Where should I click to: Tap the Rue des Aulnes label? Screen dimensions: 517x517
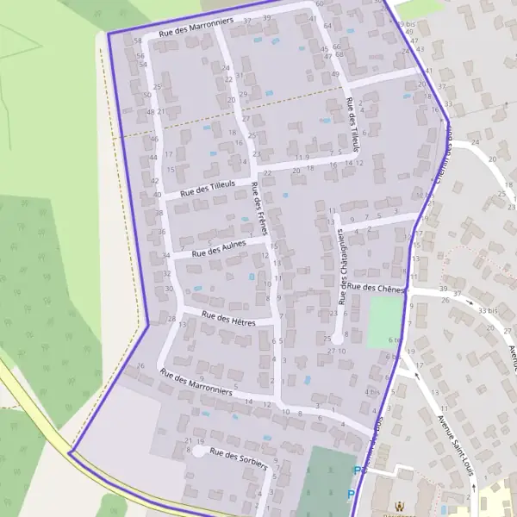coord(219,249)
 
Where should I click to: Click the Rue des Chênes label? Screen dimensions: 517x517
coord(377,288)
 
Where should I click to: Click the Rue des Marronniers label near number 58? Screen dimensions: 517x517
coord(196,27)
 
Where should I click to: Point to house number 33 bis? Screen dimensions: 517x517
coord(487,310)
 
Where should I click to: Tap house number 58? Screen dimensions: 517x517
coord(138,40)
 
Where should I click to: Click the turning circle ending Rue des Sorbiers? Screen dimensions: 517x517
coord(198,451)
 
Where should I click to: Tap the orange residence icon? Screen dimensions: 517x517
coord(398,508)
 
